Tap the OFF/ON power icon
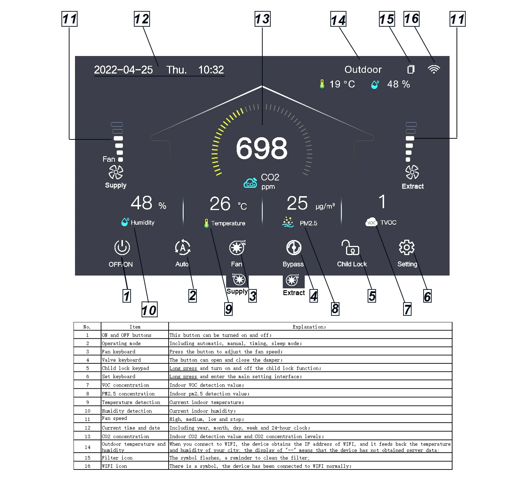click(x=122, y=247)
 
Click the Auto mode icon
click(x=183, y=247)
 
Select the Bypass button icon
click(x=293, y=247)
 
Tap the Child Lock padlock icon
click(x=350, y=247)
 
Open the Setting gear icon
click(x=406, y=247)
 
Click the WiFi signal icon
click(x=434, y=69)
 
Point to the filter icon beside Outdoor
click(x=411, y=69)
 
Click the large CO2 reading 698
click(x=262, y=148)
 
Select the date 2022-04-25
click(x=123, y=70)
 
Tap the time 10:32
click(x=211, y=70)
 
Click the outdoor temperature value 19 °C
click(x=342, y=84)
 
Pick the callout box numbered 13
click(x=262, y=19)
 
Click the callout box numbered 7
click(x=408, y=309)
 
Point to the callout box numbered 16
click(x=412, y=19)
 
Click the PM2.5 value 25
click(x=297, y=203)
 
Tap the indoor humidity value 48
click(x=141, y=203)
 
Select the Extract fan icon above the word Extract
click(x=412, y=172)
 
